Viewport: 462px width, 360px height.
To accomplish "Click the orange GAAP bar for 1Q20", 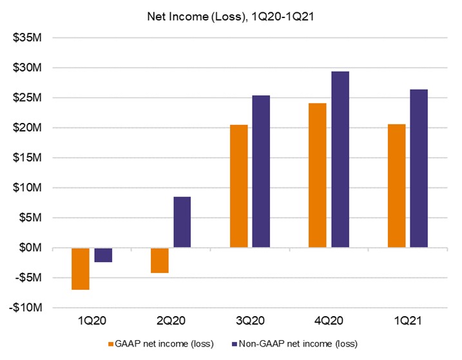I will (80, 269).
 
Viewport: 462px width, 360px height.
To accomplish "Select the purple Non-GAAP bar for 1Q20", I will (103, 255).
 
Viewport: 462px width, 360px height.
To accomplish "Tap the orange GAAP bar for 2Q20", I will (159, 261).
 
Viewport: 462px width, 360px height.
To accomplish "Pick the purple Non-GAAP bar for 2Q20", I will (182, 222).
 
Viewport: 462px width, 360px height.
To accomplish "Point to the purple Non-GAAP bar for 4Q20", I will (340, 160).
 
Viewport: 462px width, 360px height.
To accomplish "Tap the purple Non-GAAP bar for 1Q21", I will (419, 169).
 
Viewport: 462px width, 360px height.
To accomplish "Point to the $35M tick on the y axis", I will (28, 37).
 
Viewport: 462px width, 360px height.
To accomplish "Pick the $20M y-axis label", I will (28, 128).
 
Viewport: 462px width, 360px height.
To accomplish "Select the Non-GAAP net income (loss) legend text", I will (300, 343).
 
